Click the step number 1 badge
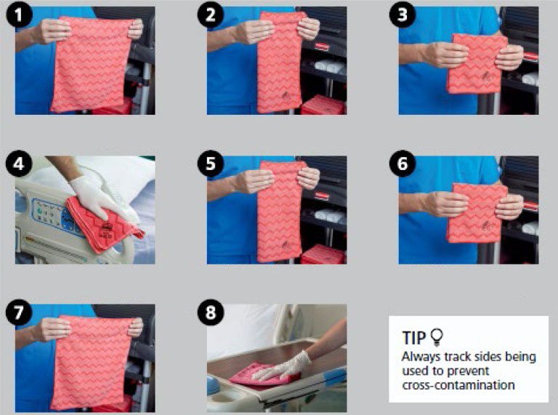(x=19, y=15)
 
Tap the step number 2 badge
(x=211, y=15)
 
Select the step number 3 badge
(x=403, y=15)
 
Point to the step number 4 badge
(x=19, y=164)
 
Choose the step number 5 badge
(x=211, y=164)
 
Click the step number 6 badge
(x=403, y=164)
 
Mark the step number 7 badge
(x=19, y=313)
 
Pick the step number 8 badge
(x=211, y=313)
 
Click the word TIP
(x=414, y=338)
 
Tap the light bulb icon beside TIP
(x=437, y=337)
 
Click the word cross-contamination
(x=458, y=384)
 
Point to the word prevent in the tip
(x=467, y=371)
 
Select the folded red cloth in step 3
(x=477, y=63)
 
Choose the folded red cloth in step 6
(x=477, y=213)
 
